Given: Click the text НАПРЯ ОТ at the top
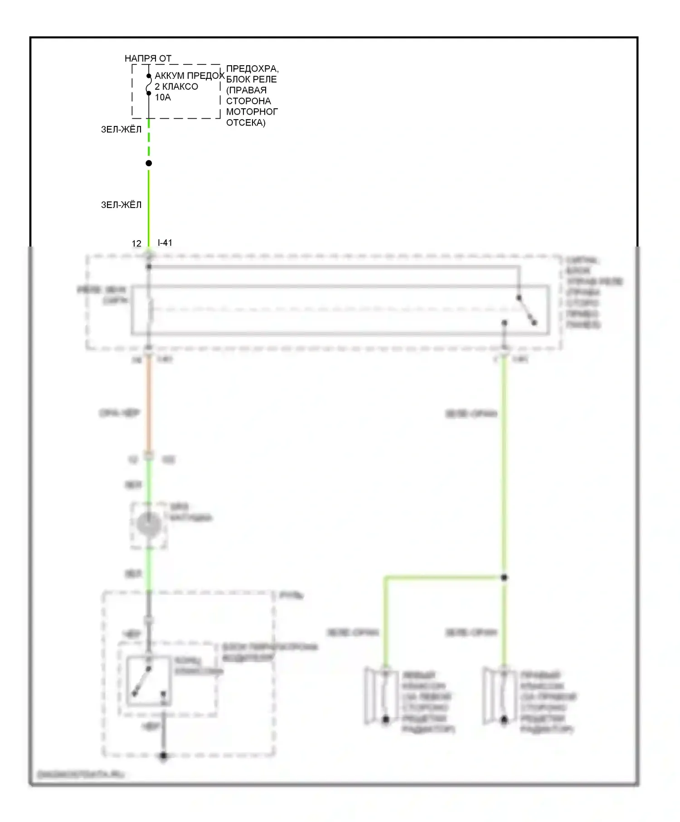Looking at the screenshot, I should [148, 58].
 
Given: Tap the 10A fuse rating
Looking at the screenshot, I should [163, 97].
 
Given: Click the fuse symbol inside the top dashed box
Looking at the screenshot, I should [148, 85].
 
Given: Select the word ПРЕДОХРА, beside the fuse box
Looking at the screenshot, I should [252, 69].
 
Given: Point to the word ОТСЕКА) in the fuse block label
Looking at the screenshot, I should [245, 123].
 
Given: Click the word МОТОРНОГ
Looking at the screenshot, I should [252, 112].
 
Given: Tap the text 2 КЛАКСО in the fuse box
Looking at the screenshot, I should [176, 87].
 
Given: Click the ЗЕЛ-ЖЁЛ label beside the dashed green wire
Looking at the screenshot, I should [121, 130].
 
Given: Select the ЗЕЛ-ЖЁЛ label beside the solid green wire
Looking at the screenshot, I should [121, 205].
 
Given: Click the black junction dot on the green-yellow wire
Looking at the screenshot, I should [149, 163].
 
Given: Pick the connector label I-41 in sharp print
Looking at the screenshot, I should [165, 243].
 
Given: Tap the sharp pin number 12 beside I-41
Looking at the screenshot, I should [136, 244].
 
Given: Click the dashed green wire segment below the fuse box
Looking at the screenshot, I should [149, 138].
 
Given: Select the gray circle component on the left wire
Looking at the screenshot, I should [149, 525].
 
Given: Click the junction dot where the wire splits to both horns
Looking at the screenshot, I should [504, 577].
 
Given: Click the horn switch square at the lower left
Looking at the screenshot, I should [149, 681].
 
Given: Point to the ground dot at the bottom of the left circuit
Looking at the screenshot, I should [164, 756].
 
